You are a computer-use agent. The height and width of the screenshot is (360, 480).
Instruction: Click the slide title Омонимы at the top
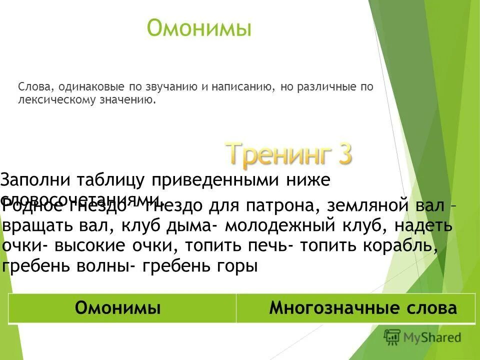pyautogui.click(x=199, y=28)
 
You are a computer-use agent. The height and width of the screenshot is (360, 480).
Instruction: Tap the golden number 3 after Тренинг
pyautogui.click(x=341, y=153)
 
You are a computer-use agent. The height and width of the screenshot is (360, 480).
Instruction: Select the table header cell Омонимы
pyautogui.click(x=118, y=308)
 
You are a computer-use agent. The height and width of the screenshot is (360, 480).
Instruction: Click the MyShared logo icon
pyautogui.click(x=392, y=337)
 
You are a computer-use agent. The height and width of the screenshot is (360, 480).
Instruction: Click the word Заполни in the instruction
pyautogui.click(x=34, y=179)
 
